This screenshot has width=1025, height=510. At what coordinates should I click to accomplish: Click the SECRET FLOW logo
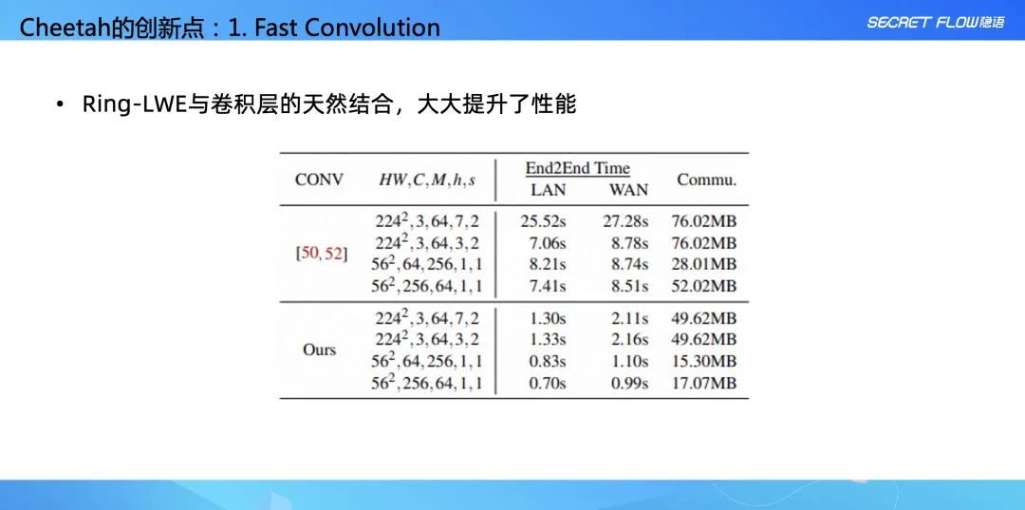tap(936, 22)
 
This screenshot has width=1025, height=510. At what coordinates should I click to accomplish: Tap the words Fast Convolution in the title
tap(346, 28)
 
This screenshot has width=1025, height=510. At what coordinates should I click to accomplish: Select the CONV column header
tap(319, 179)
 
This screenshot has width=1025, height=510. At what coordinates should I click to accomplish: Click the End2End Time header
tap(578, 168)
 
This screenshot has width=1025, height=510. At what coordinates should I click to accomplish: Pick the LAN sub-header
tap(548, 190)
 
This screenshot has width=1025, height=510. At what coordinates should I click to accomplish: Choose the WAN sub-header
tap(629, 190)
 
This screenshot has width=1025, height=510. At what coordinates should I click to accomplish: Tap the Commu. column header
tap(707, 179)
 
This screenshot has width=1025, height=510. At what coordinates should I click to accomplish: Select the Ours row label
tap(319, 349)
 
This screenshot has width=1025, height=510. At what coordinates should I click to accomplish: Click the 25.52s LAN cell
tap(543, 221)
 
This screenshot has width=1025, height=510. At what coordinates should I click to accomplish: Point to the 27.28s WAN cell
tap(625, 221)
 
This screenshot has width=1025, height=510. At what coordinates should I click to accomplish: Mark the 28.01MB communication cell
tap(704, 264)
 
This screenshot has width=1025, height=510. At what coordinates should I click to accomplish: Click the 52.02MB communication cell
tap(704, 286)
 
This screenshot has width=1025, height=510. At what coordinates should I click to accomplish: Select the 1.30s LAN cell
tap(548, 318)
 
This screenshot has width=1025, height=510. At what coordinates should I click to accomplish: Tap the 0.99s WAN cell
tap(629, 383)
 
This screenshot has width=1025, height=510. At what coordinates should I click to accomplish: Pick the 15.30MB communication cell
tap(704, 361)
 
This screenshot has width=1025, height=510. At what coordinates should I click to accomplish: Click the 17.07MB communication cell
tap(704, 383)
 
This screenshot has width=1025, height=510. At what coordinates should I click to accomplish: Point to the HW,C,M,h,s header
tap(427, 180)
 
